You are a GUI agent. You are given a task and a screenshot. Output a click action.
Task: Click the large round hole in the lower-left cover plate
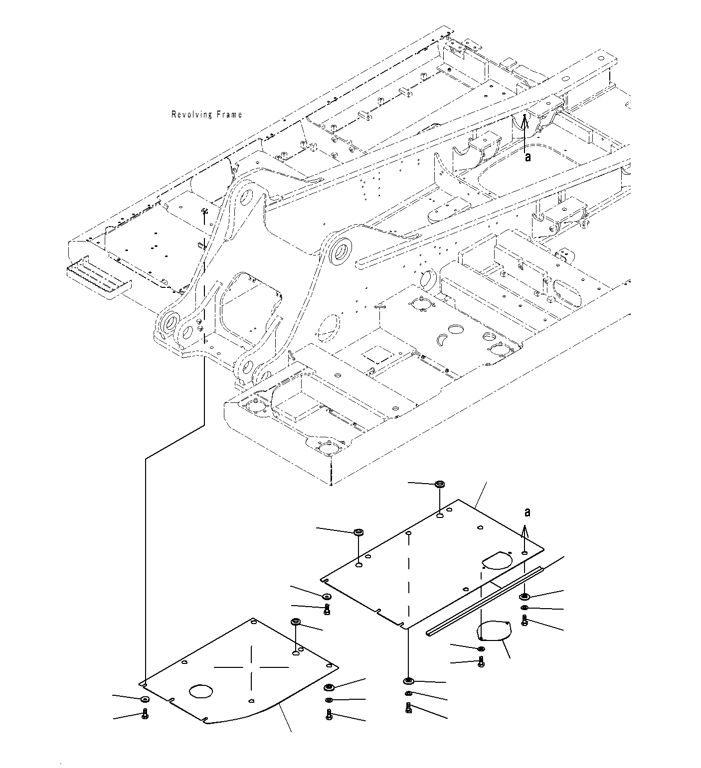[x=201, y=691]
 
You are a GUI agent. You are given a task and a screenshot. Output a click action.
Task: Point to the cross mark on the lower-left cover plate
[x=252, y=666]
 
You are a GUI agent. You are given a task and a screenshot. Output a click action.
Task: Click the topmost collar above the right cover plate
[x=440, y=484]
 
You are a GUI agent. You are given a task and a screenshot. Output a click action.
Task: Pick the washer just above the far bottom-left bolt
[x=144, y=699]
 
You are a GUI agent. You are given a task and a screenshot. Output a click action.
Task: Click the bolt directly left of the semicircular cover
[x=481, y=661]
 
